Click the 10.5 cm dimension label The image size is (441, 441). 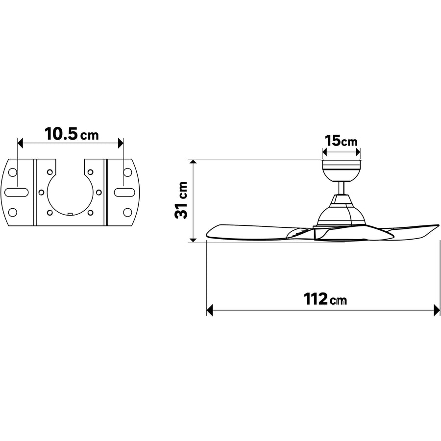72,134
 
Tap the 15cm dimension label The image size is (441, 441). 341,141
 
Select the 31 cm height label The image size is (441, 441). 181,200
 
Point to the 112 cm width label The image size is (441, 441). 325,299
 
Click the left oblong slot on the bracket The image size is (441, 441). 17,193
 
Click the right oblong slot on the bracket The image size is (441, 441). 124,193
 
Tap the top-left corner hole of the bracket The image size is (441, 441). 13,172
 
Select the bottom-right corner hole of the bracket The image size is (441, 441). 128,212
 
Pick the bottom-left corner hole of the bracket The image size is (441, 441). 13,212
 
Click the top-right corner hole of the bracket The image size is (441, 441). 128,172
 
